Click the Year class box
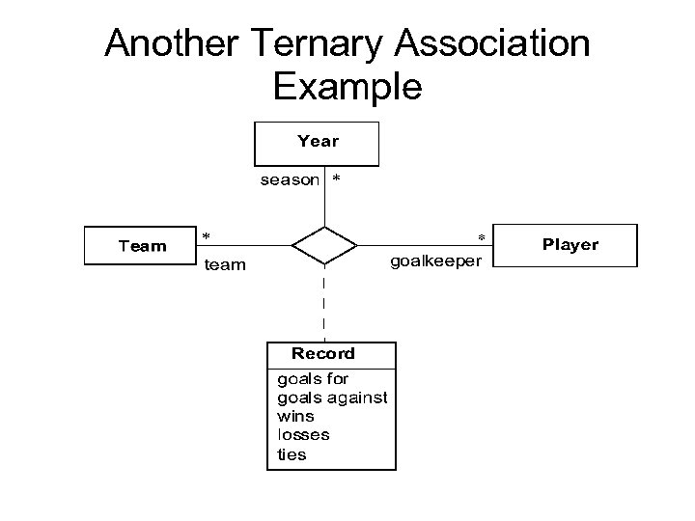coord(317,143)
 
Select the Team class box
coord(141,246)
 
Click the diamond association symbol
coord(323,245)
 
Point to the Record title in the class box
coord(323,354)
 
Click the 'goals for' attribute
coord(313,378)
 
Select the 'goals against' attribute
coord(332,398)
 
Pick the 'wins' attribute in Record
coord(295,416)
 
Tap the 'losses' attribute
coord(303,435)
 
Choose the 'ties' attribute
coord(292,454)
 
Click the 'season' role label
coord(290,180)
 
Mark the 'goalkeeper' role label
coord(441,260)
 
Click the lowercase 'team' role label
coord(225,264)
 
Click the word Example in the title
coord(347,87)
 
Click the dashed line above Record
coord(323,304)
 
